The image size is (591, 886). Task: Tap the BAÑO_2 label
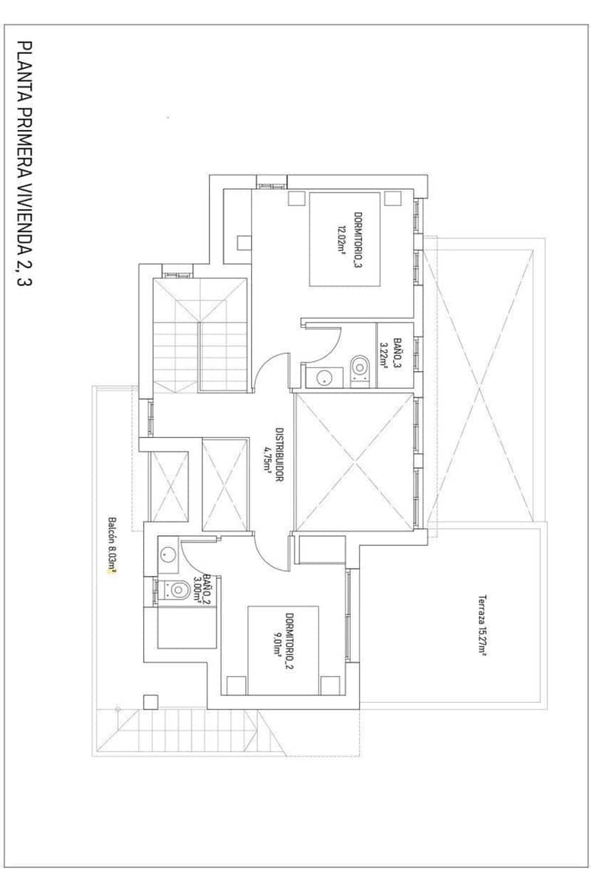pos(208,588)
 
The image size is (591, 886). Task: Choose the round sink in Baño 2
pos(167,555)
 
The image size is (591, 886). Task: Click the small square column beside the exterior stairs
pos(151,701)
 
